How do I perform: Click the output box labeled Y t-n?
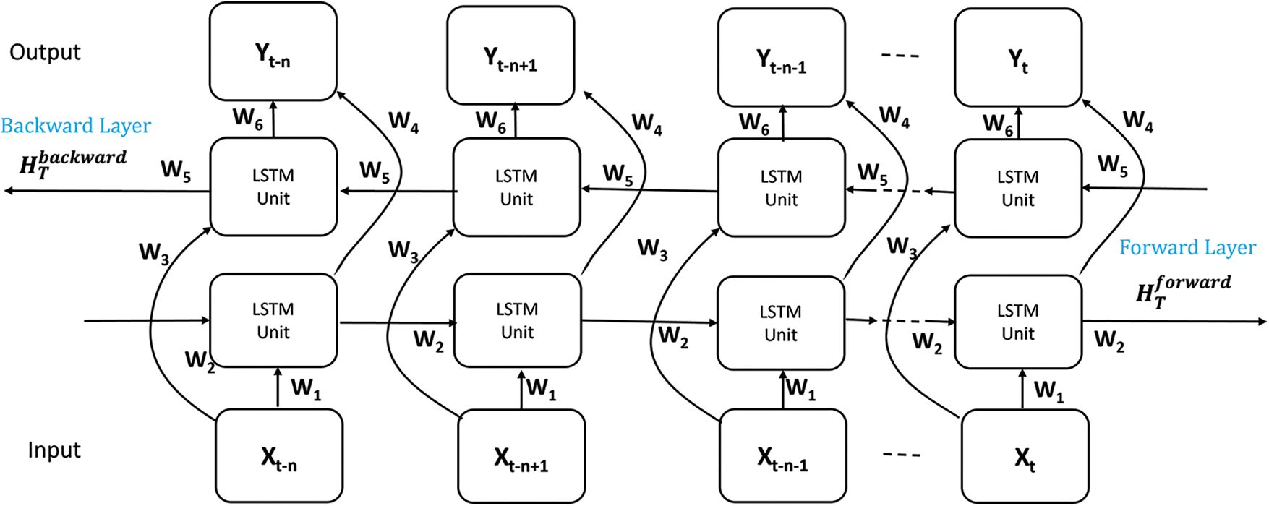click(x=273, y=52)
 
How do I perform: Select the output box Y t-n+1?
click(x=510, y=56)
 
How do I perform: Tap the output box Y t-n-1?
click(x=781, y=58)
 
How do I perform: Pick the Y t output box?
click(x=1018, y=58)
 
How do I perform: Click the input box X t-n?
click(x=279, y=455)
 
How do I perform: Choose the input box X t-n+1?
click(x=521, y=457)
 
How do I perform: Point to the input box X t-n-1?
click(x=782, y=456)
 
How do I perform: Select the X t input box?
click(x=1025, y=456)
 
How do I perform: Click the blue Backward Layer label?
click(x=76, y=126)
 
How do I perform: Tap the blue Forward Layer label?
click(x=1187, y=248)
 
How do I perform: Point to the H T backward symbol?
click(x=72, y=163)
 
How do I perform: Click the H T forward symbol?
click(x=1182, y=291)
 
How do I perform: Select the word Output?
click(x=45, y=52)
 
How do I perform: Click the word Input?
click(x=54, y=450)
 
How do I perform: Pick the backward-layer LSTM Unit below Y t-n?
click(x=273, y=187)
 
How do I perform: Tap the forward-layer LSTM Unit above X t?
click(x=1018, y=322)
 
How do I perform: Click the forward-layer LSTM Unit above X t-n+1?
click(x=517, y=320)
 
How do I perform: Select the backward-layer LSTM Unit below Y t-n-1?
click(x=781, y=188)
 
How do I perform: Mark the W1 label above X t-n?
click(x=306, y=389)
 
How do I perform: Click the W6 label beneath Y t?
click(x=998, y=124)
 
